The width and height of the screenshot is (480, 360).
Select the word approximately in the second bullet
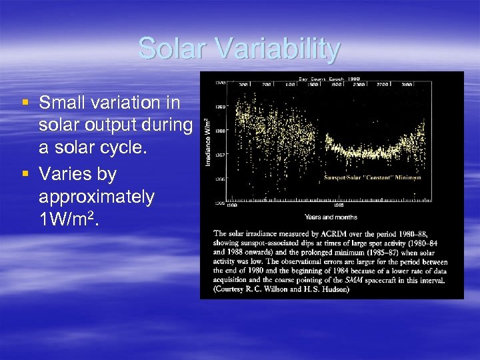[x=97, y=197]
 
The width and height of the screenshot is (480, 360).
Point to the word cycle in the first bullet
[x=115, y=149]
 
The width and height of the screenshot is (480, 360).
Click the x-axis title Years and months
[x=331, y=217]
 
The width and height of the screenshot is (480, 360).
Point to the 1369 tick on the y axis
[x=219, y=107]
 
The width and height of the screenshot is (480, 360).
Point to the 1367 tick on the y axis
[x=219, y=155]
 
